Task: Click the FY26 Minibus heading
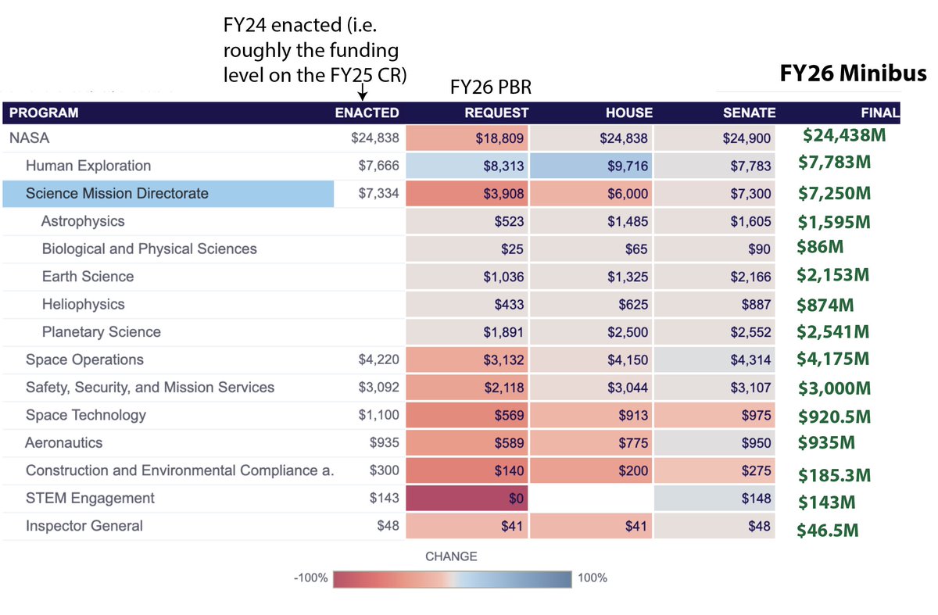tap(853, 74)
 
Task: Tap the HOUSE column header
tap(628, 113)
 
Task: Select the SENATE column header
tap(749, 113)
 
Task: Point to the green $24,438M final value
tap(843, 135)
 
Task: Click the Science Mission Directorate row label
tap(117, 194)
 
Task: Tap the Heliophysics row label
tap(83, 304)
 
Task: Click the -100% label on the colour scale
tap(310, 578)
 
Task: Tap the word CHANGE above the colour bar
tap(451, 556)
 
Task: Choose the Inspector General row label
tap(84, 526)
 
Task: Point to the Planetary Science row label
tap(101, 332)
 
